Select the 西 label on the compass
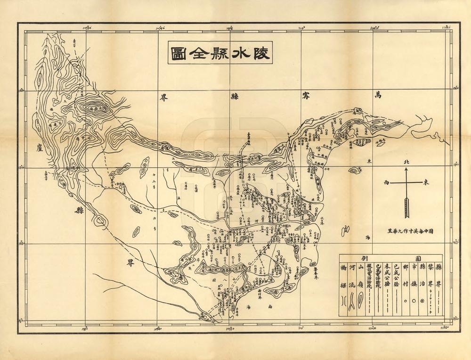click(387, 182)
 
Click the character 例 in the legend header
click(363, 259)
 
